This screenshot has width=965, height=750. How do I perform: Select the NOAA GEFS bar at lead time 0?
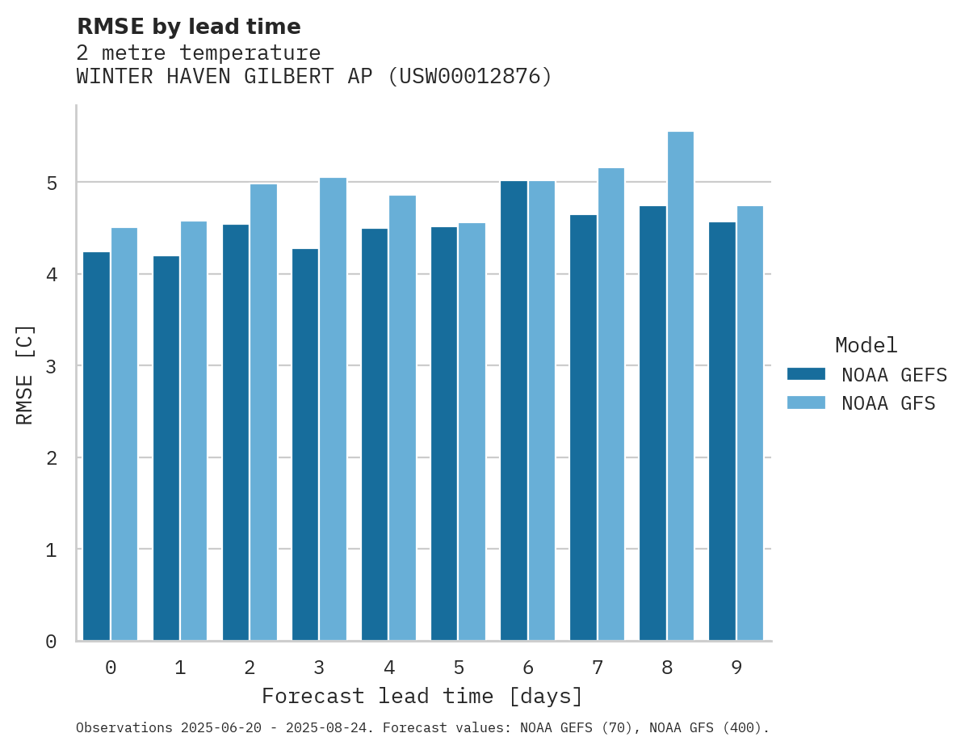click(97, 446)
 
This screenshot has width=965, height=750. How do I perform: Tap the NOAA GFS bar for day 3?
click(333, 409)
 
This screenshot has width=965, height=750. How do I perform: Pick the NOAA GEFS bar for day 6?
click(514, 411)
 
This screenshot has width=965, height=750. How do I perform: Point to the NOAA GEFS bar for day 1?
click(166, 449)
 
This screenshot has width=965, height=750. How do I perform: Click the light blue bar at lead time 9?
click(750, 423)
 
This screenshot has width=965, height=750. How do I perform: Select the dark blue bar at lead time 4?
click(375, 435)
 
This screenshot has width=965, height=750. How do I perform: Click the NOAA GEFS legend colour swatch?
click(806, 374)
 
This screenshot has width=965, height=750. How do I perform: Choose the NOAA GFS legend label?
click(887, 403)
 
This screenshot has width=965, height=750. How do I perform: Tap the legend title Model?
click(866, 345)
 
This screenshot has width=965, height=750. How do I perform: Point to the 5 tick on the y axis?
click(51, 183)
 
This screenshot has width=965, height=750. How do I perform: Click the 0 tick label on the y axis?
click(51, 642)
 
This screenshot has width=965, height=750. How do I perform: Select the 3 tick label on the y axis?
click(51, 366)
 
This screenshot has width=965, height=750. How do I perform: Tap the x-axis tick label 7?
click(598, 668)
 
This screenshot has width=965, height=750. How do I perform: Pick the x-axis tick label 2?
click(250, 668)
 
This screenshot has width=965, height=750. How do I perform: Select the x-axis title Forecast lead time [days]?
click(422, 696)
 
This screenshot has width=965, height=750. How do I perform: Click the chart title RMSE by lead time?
click(188, 27)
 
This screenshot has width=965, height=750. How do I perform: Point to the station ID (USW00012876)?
click(470, 77)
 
